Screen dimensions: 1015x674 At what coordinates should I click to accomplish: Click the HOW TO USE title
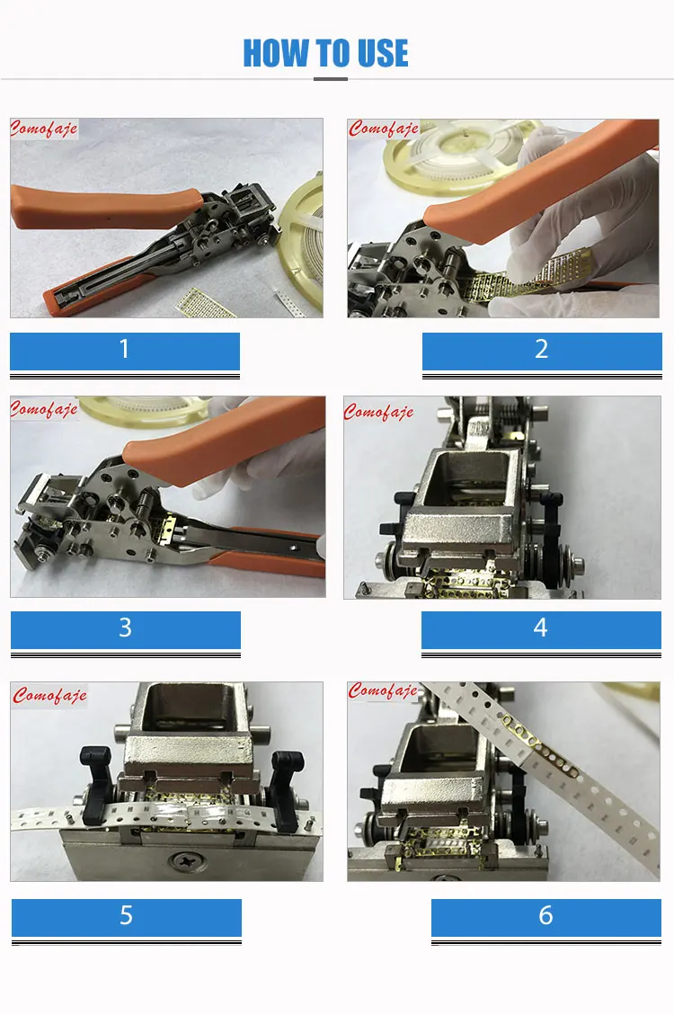point(325,54)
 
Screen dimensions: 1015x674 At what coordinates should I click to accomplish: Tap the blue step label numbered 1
point(125,350)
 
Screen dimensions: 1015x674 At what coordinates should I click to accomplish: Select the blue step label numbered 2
point(541,350)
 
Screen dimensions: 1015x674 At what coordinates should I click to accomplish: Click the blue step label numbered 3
point(125,628)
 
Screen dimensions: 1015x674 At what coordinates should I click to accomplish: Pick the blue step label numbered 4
point(540,628)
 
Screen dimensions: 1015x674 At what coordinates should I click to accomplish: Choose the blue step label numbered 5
point(126,916)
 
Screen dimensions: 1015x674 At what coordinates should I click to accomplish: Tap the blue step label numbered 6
point(545,916)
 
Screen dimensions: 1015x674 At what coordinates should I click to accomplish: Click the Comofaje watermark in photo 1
point(44,129)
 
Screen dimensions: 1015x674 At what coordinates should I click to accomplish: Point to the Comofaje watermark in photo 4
point(378,412)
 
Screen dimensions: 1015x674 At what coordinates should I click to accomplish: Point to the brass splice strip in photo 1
point(206,302)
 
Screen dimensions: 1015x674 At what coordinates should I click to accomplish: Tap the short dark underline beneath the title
point(331,79)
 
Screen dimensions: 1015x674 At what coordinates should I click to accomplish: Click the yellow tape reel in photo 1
point(301,234)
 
